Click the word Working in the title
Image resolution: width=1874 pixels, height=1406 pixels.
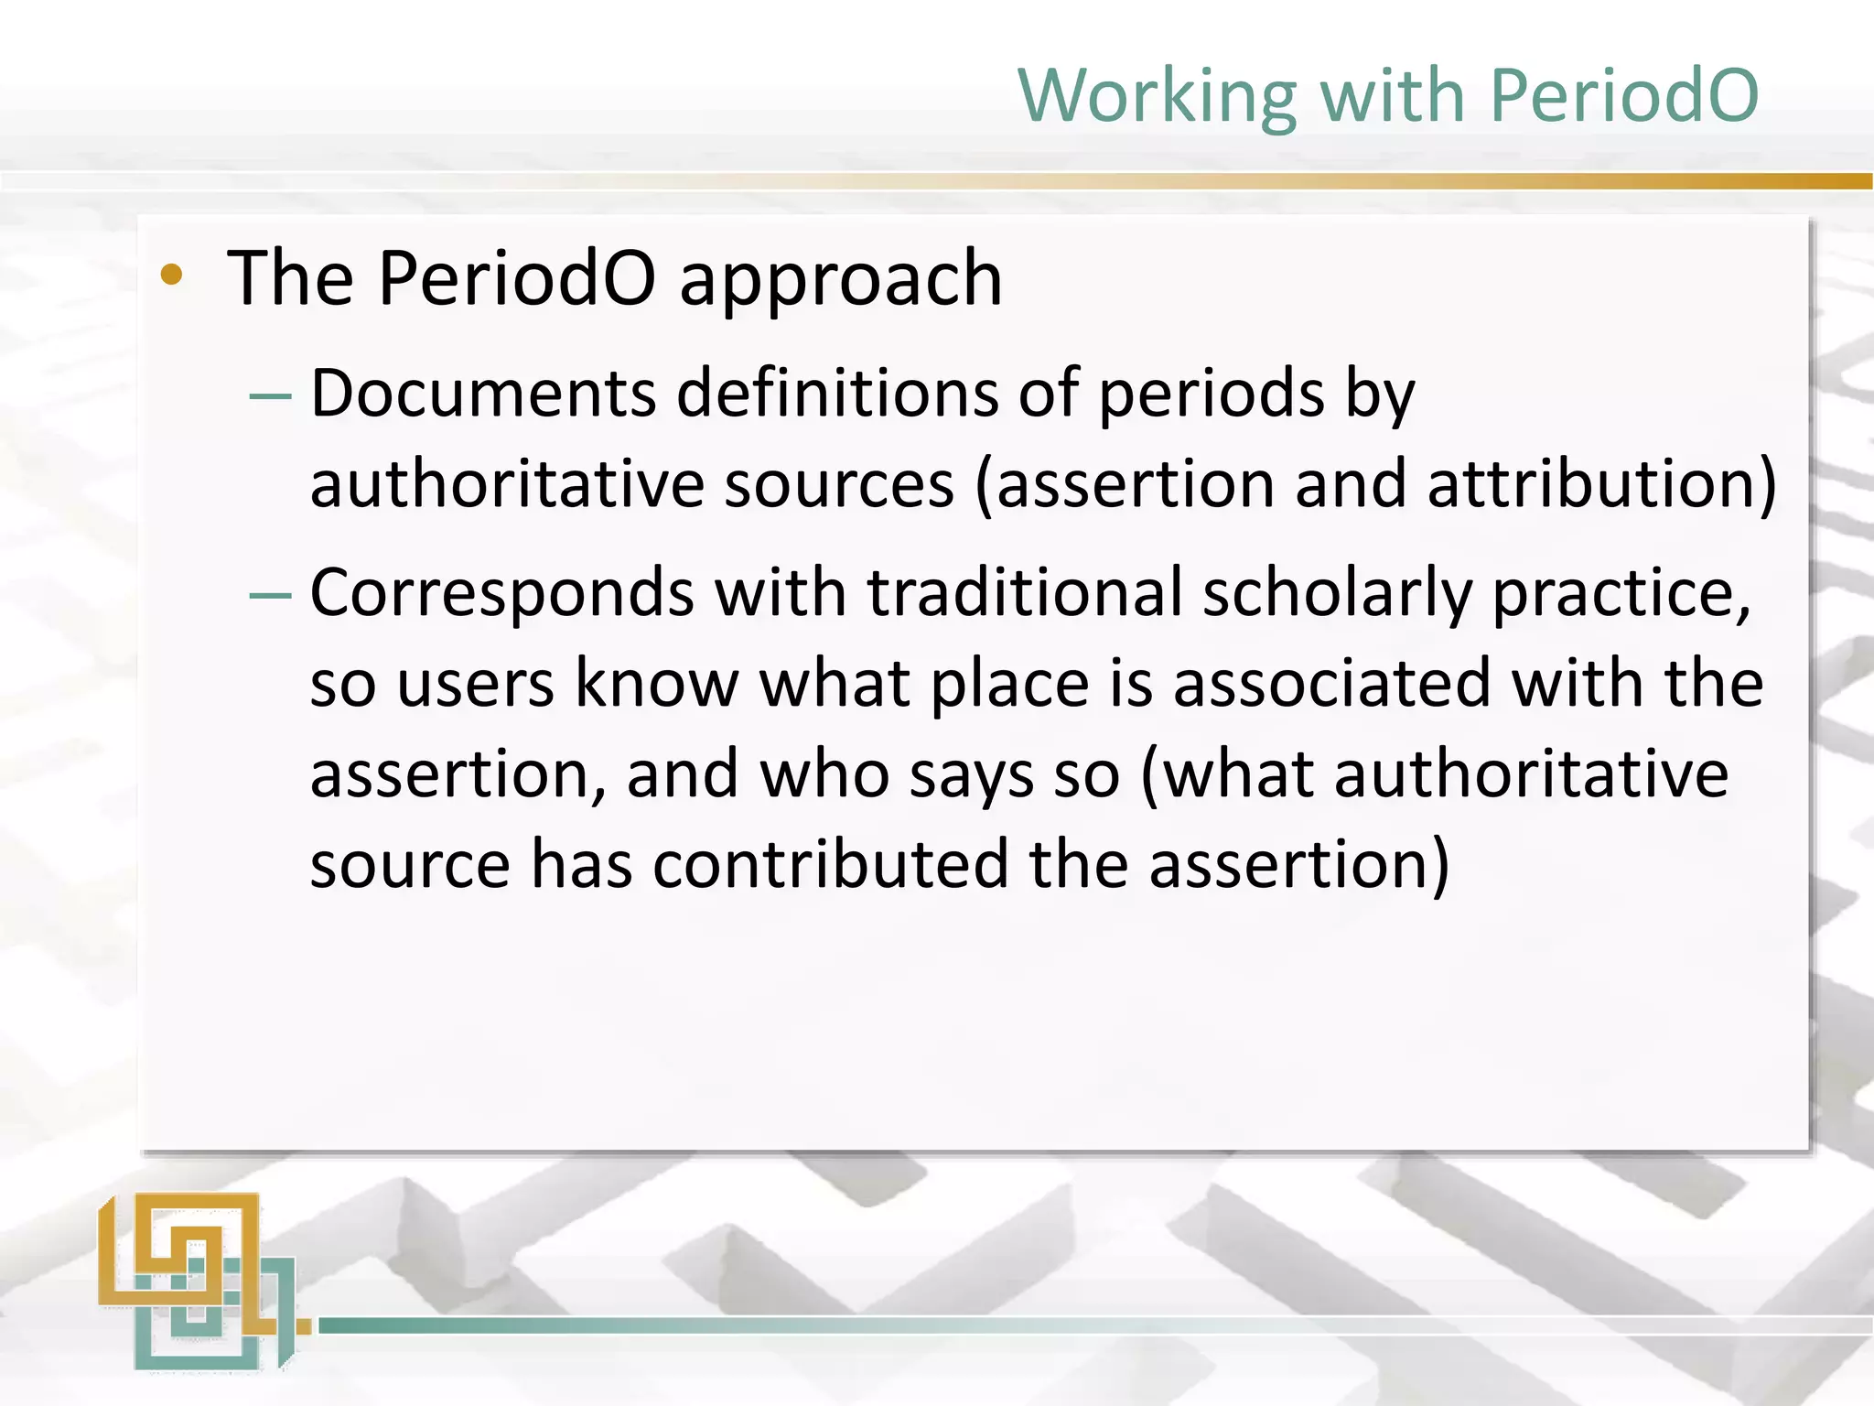pyautogui.click(x=1158, y=96)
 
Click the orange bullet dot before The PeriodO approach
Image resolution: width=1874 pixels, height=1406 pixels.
pyautogui.click(x=171, y=275)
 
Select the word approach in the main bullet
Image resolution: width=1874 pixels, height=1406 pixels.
pyautogui.click(x=840, y=278)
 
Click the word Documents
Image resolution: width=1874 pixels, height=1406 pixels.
pyautogui.click(x=482, y=394)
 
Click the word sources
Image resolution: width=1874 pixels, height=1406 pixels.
pyautogui.click(x=839, y=485)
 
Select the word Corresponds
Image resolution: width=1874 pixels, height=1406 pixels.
pyautogui.click(x=501, y=593)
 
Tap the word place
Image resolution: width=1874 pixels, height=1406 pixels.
pyautogui.click(x=1009, y=684)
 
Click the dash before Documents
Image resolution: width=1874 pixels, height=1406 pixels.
pyautogui.click(x=270, y=397)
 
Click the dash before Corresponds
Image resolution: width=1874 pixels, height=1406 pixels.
pyautogui.click(x=270, y=597)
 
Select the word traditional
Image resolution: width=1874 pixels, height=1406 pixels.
pyautogui.click(x=1025, y=593)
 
